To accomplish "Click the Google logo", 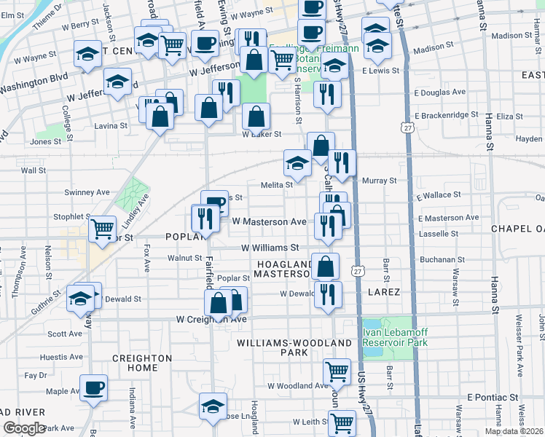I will point(23,428).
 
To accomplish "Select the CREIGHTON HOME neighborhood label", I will point(142,363).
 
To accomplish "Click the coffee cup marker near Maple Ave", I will point(93,388).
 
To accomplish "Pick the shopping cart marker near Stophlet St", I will point(102,229).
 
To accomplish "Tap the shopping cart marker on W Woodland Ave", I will point(336,371).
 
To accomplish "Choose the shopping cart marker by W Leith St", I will point(341,422).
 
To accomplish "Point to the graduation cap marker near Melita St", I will point(297,165).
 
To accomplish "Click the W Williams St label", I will point(270,248).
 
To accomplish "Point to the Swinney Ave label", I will point(87,192).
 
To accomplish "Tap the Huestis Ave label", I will point(62,357).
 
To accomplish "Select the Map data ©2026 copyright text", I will point(514,431).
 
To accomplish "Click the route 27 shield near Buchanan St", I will point(357,271).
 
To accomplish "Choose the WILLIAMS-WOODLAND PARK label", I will point(268,347).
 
